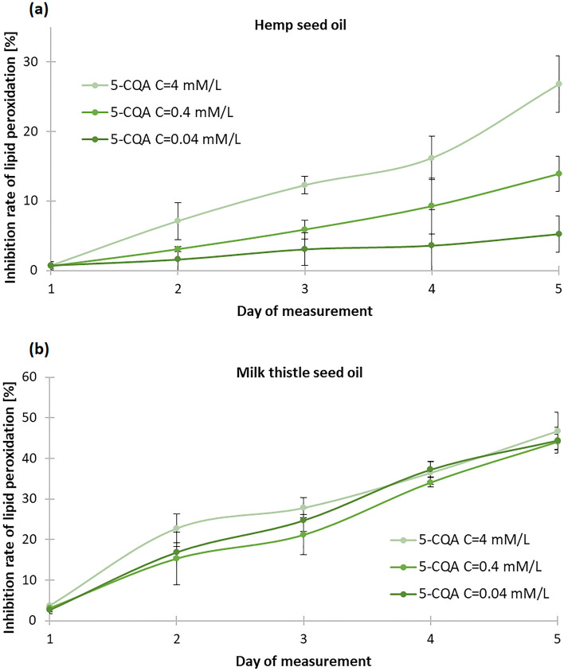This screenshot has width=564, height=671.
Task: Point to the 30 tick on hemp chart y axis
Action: click(33, 62)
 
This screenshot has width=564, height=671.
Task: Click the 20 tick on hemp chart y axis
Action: click(33, 131)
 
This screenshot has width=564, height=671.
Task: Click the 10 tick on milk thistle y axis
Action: click(33, 580)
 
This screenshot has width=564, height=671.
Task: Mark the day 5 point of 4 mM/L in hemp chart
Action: click(558, 84)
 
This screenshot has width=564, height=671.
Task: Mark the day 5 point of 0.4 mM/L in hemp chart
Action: click(558, 174)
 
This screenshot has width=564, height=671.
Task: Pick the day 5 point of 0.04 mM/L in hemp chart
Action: click(558, 234)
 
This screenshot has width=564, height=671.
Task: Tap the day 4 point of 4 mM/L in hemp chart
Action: click(431, 158)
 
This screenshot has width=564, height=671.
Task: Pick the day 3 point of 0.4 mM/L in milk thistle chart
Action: click(304, 535)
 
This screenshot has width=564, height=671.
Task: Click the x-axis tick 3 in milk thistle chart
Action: click(304, 638)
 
